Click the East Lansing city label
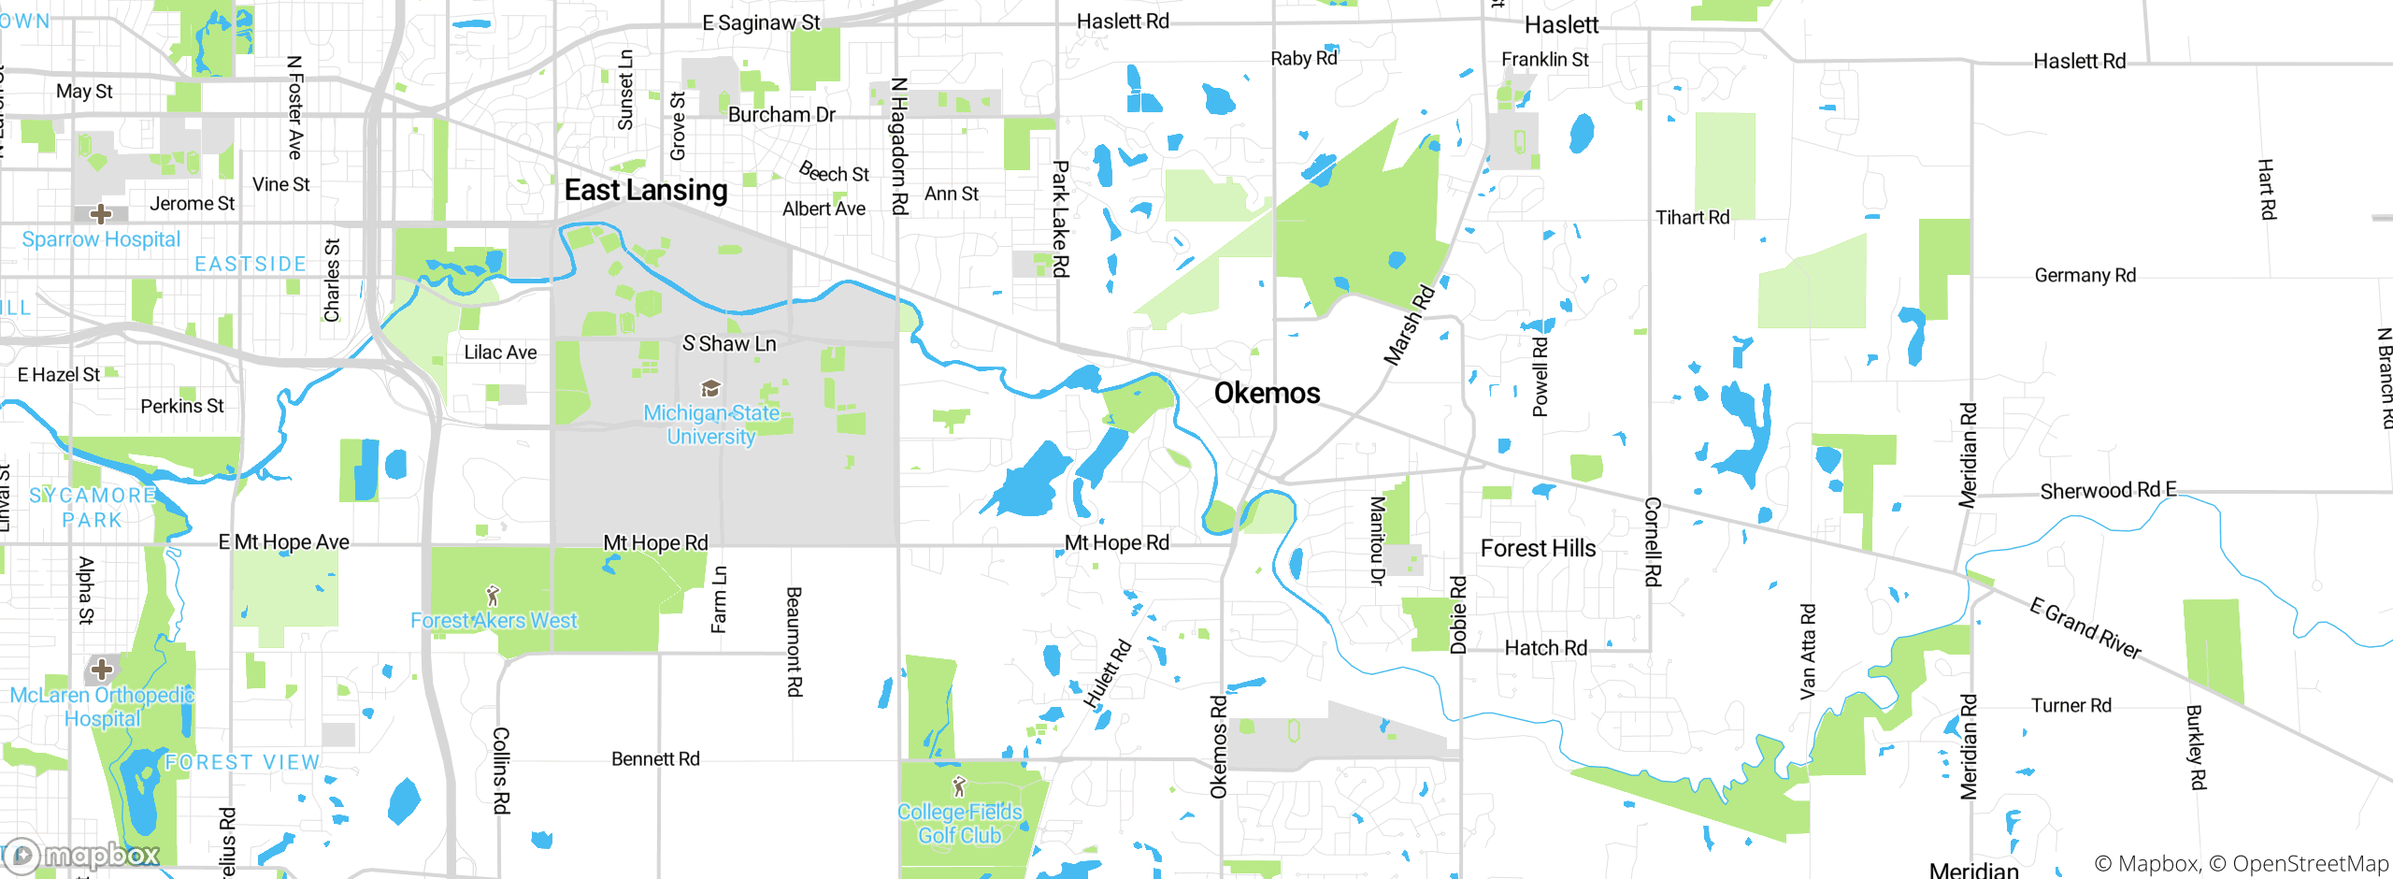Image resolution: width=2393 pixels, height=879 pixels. coord(645,191)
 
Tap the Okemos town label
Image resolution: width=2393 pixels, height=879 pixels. coord(1267,394)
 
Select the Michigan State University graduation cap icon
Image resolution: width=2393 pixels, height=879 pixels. coord(710,388)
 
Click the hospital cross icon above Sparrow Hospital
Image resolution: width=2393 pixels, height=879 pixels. coord(101,214)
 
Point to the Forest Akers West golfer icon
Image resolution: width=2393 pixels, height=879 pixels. coord(494,595)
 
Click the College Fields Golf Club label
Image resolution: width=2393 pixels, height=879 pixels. coord(959,824)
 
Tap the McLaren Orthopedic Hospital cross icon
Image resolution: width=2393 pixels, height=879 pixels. coord(102,670)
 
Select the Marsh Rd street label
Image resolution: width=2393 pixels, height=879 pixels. coord(1409,324)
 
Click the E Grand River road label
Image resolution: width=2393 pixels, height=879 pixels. coord(2085,628)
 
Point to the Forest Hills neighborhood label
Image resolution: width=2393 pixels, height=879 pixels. coord(1538,549)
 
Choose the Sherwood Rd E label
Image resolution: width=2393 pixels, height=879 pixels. coord(2108,491)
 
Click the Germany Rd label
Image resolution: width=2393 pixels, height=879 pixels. coord(2085,276)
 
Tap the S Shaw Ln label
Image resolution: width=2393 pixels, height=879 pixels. coord(729,344)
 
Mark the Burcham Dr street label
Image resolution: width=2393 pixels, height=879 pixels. coord(781,115)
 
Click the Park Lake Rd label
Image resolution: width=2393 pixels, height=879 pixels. coord(1060,219)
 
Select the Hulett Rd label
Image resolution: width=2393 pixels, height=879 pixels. coord(1108,674)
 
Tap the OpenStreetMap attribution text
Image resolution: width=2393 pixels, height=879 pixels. coord(2309,864)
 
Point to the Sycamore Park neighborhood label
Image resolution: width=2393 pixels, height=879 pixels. coord(92,508)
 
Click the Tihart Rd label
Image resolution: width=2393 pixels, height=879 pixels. coord(1692,218)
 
